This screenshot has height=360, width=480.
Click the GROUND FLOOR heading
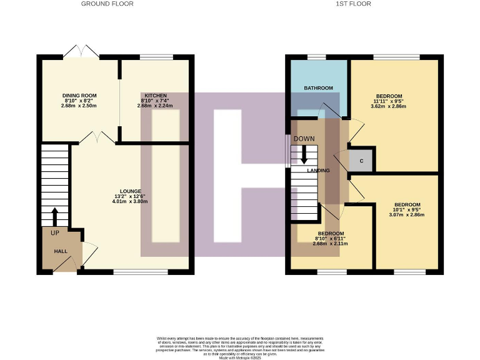pyautogui.click(x=107, y=4)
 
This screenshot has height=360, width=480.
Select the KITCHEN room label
pyautogui.click(x=155, y=95)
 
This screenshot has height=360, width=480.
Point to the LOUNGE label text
pyautogui.click(x=131, y=191)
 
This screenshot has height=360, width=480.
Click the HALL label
pyautogui.click(x=61, y=251)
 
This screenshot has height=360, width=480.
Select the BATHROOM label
pyautogui.click(x=319, y=88)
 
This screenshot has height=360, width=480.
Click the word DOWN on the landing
pyautogui.click(x=304, y=138)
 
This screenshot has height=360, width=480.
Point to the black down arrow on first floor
pyautogui.click(x=304, y=155)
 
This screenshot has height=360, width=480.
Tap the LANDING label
pyautogui.click(x=318, y=170)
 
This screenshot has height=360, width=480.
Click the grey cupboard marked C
pyautogui.click(x=361, y=160)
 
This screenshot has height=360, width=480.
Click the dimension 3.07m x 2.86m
pyautogui.click(x=407, y=214)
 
